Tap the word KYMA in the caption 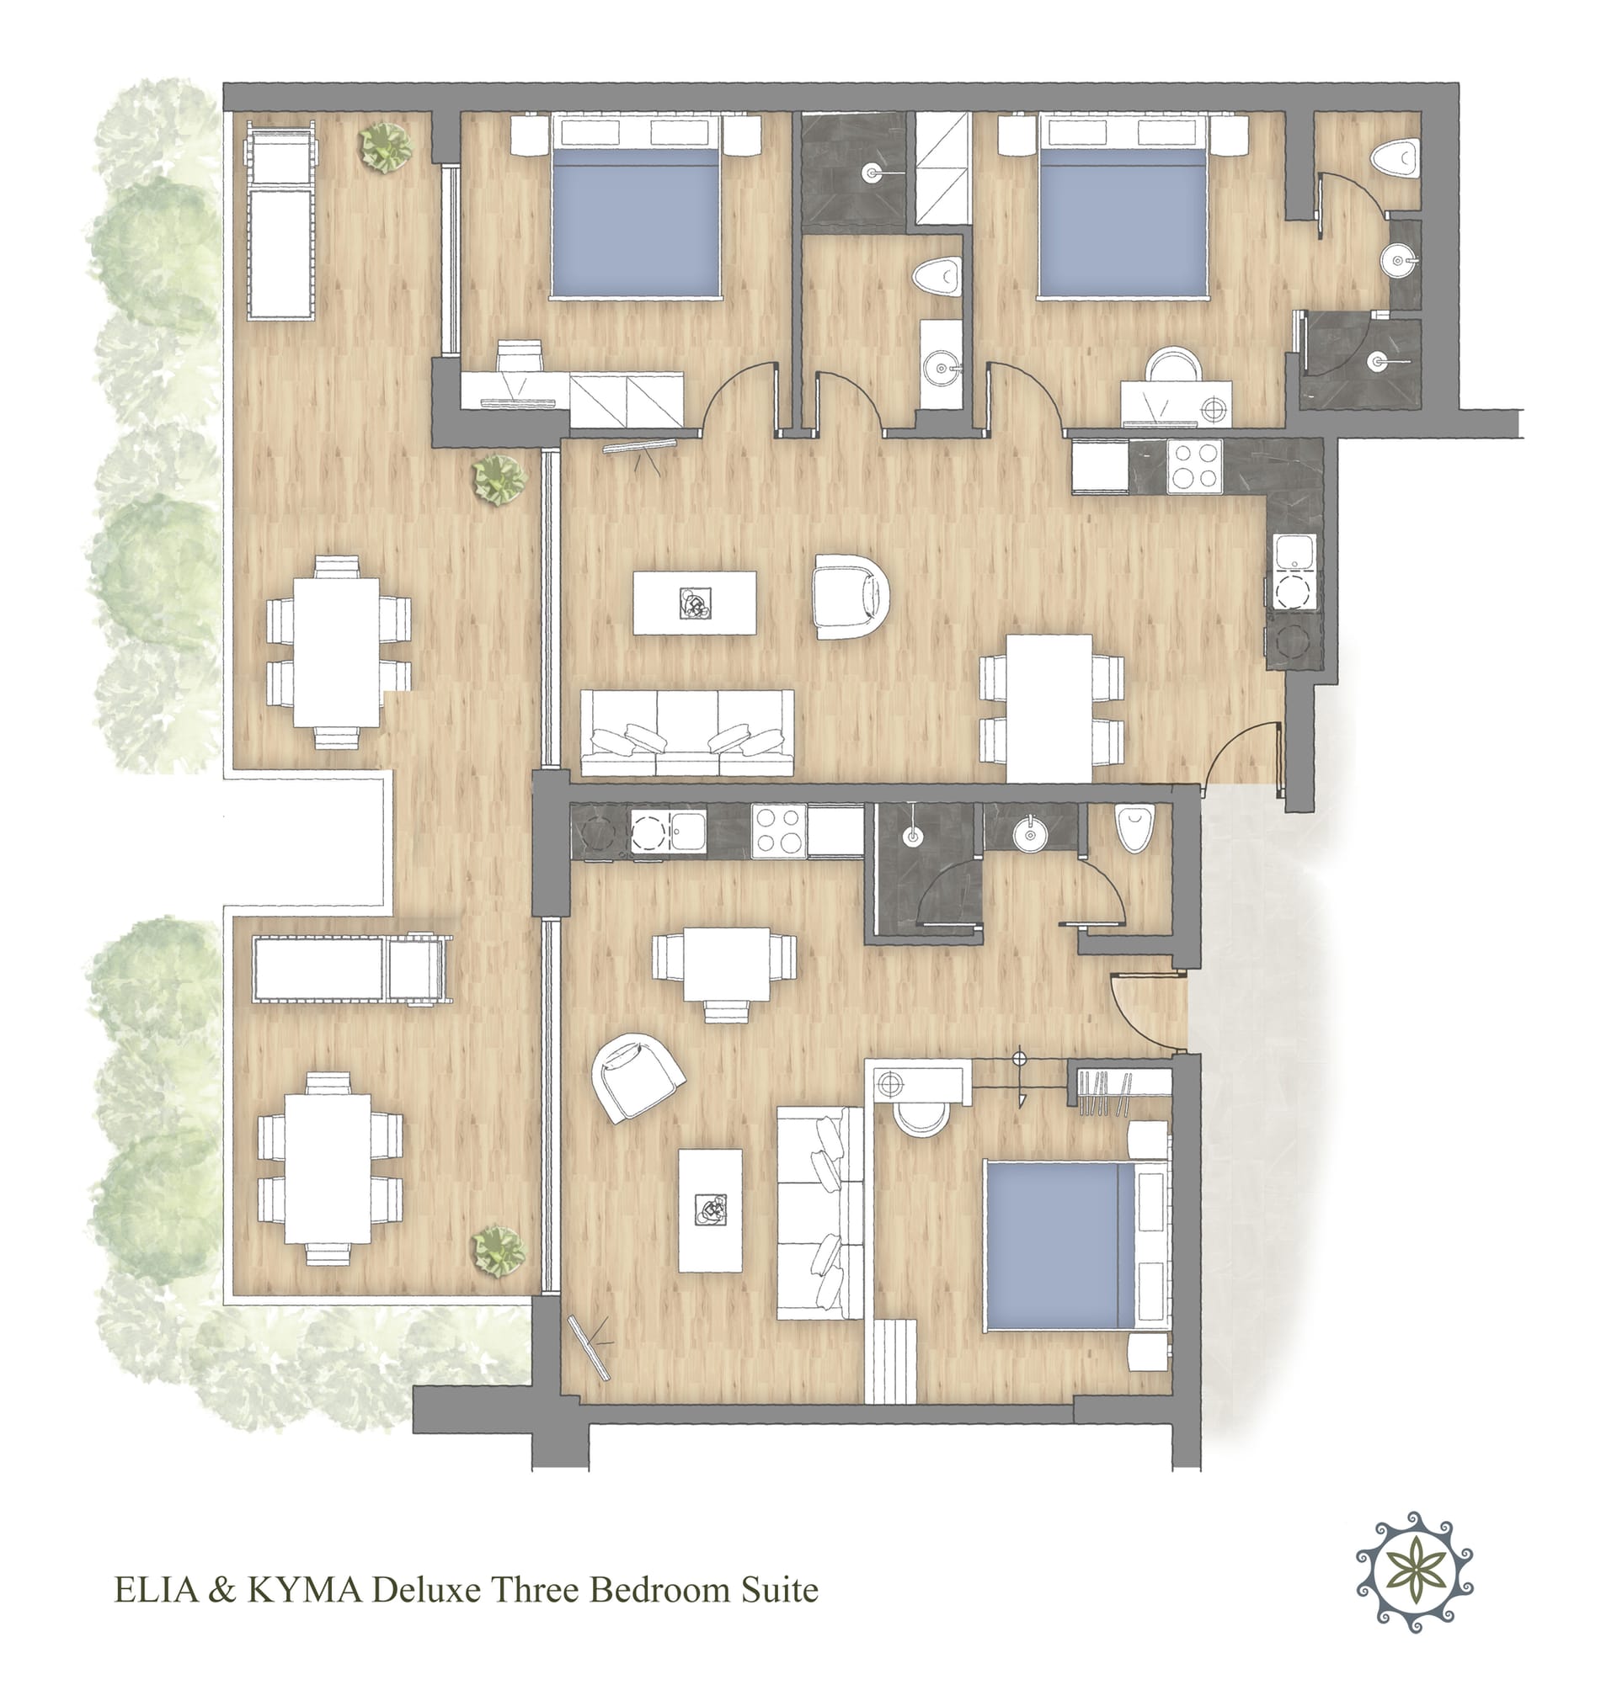305,1590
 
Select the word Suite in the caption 779,1590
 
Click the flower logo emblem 1414,1572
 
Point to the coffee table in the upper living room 695,603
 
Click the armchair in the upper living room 850,597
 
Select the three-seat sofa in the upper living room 687,732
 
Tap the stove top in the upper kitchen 1194,467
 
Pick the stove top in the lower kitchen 778,832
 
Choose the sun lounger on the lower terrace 352,969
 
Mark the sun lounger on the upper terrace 280,220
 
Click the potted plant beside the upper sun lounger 386,145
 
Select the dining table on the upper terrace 337,652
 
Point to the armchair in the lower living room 638,1076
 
